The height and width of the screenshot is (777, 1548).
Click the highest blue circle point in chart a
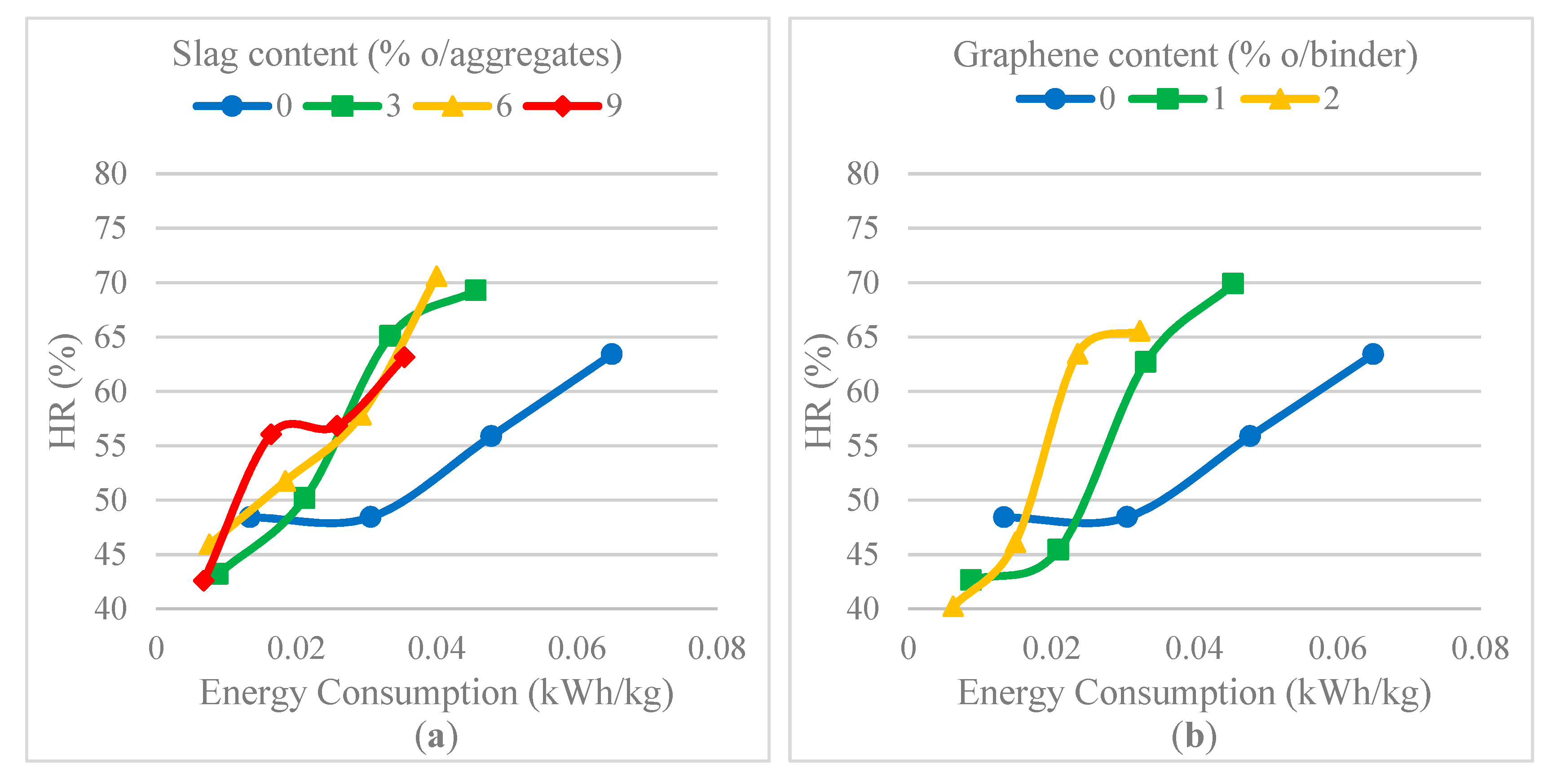611,354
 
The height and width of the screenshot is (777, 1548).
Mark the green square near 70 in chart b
1232,283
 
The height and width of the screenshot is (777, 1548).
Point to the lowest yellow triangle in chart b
953,606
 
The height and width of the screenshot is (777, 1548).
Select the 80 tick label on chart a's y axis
110,174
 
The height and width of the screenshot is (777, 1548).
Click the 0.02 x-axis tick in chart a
296,649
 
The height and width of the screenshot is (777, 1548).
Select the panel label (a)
436,736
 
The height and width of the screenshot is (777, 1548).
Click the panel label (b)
1194,736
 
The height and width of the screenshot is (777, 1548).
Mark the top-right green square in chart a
475,290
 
